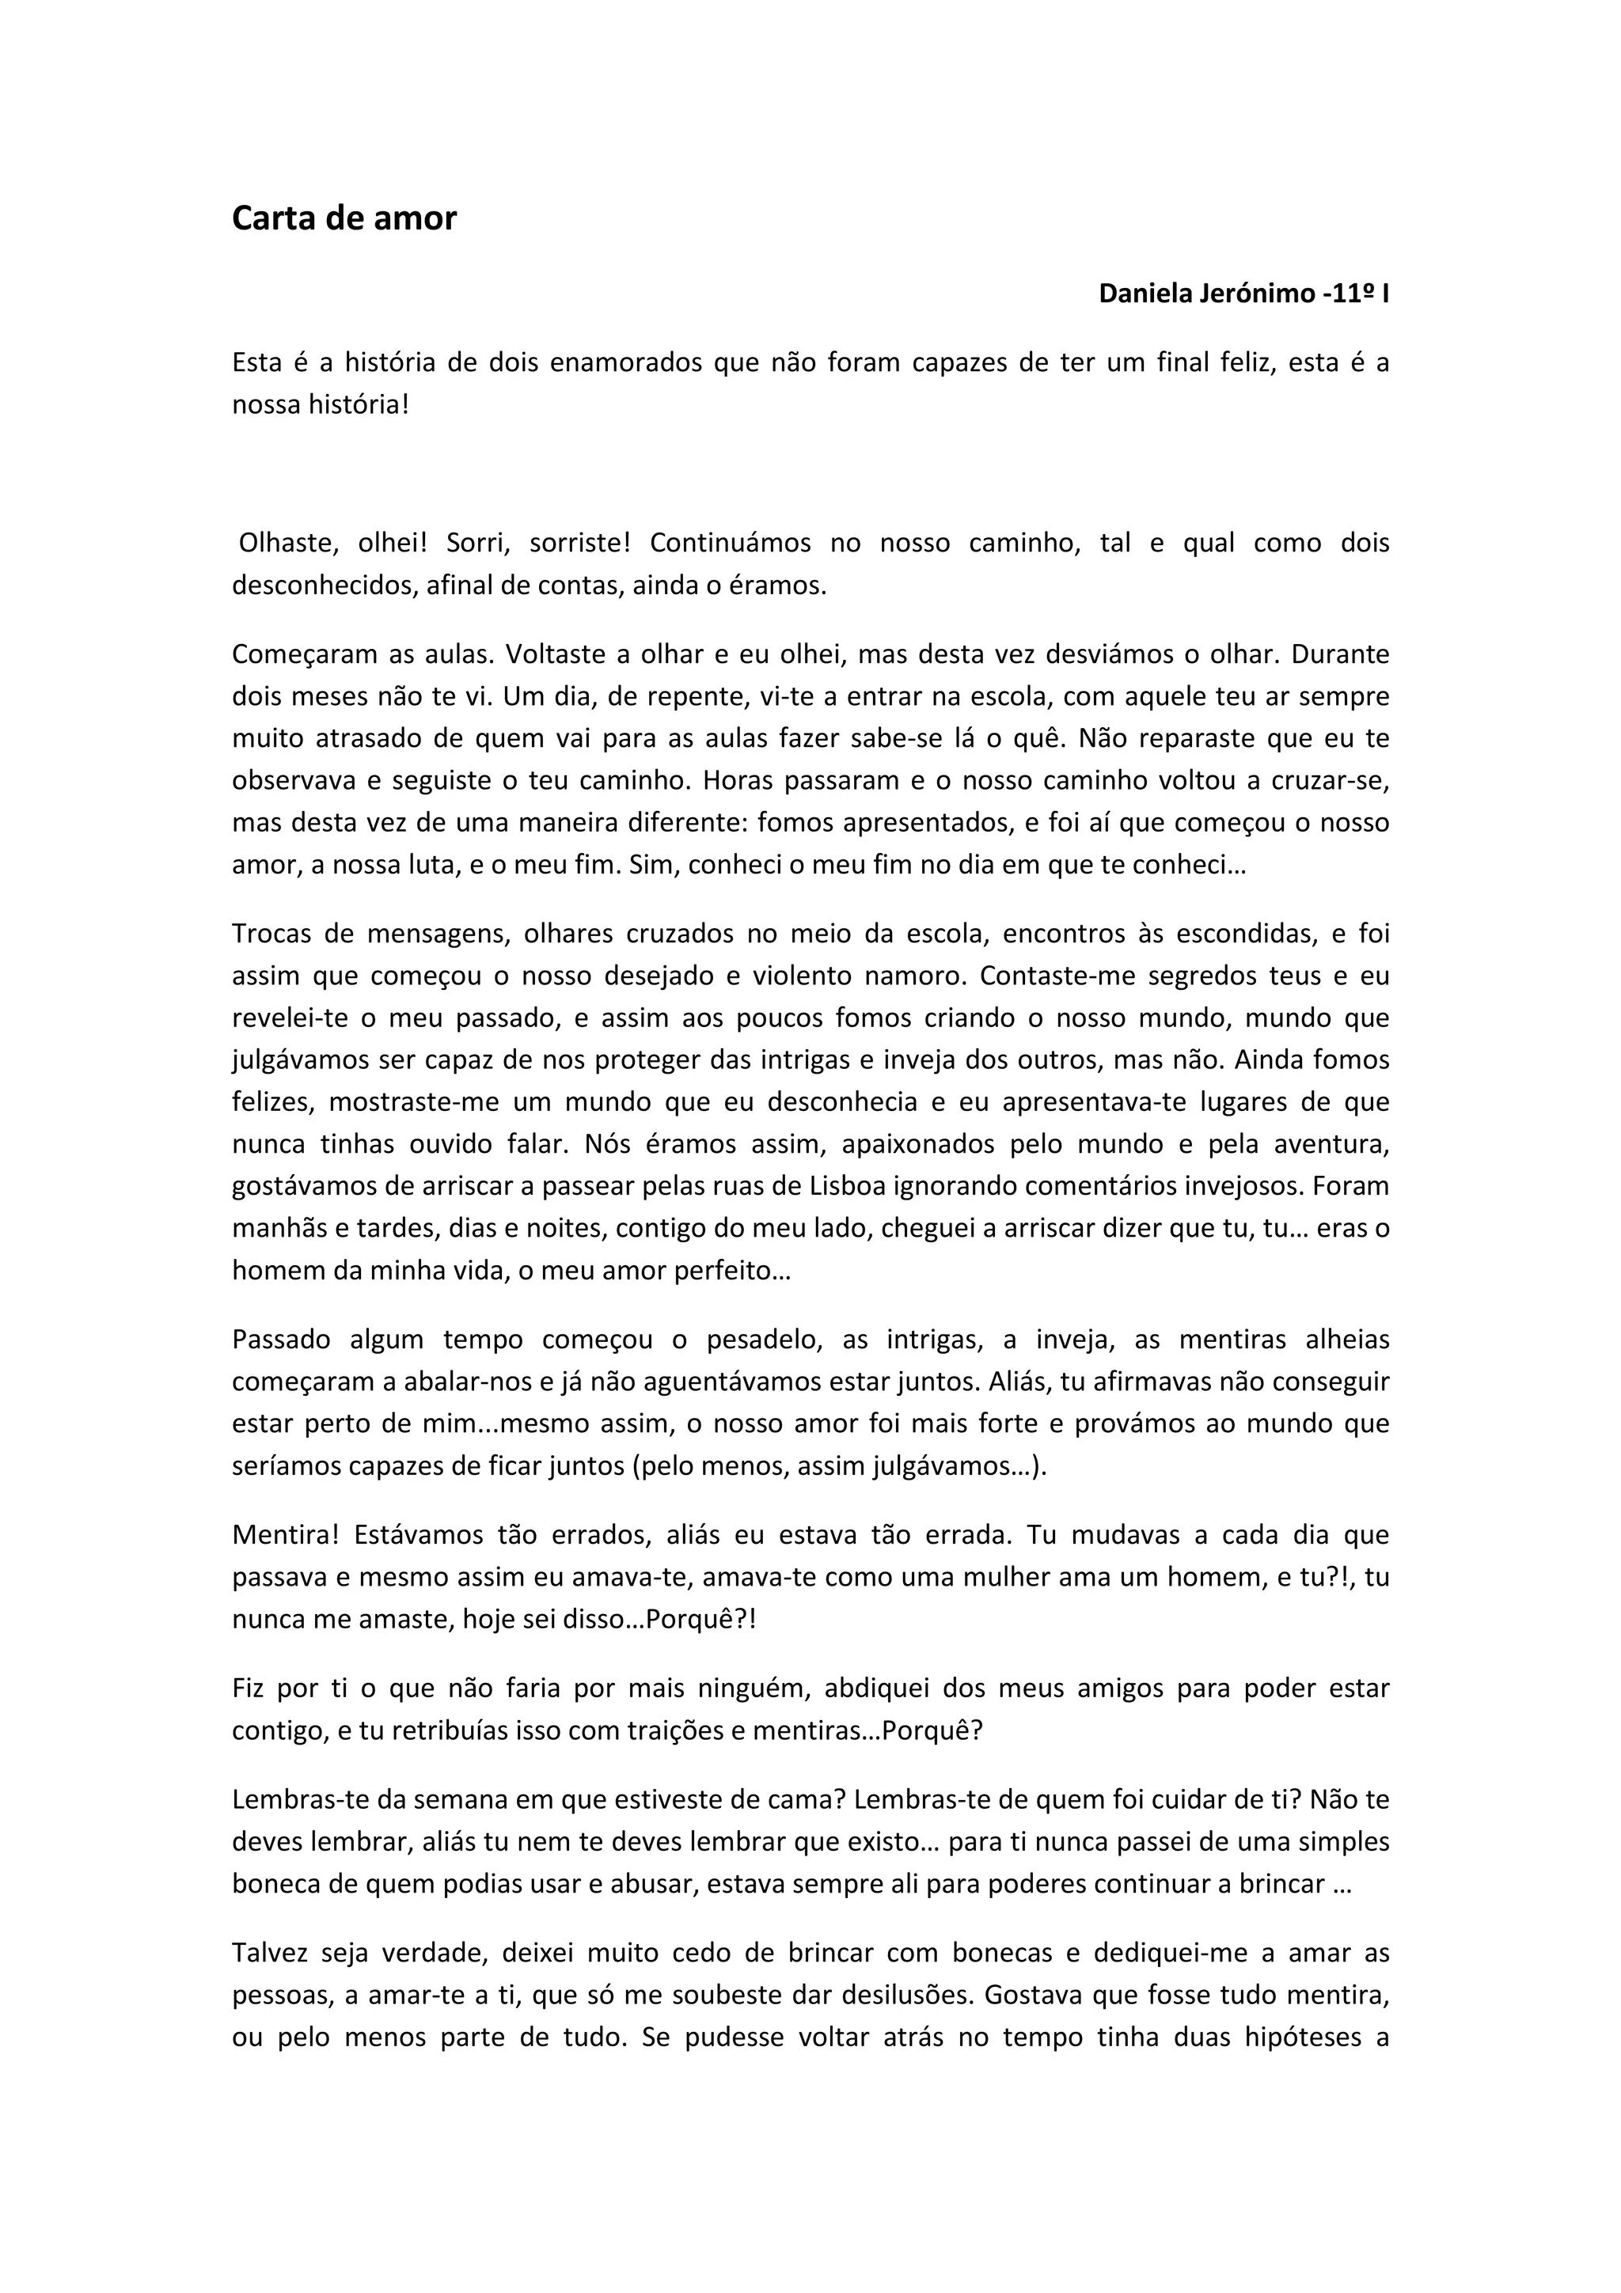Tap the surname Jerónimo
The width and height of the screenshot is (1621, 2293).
pyautogui.click(x=1258, y=294)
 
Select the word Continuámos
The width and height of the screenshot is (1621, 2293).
pyautogui.click(x=728, y=544)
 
